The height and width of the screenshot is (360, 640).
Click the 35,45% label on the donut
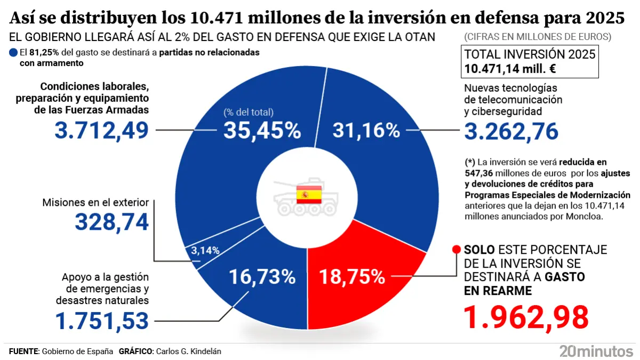coord(262,130)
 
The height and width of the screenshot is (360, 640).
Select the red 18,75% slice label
coord(351,277)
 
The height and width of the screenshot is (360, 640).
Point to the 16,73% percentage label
coord(262,277)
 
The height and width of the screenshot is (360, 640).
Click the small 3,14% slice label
coord(205,250)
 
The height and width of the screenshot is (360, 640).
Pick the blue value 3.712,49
coord(102,130)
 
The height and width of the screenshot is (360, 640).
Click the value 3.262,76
coord(511,131)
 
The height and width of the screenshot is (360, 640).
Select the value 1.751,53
coord(102,320)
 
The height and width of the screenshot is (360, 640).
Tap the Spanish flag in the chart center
coord(309,195)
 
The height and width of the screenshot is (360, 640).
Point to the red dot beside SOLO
coord(456,250)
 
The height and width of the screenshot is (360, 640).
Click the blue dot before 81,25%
coord(13,53)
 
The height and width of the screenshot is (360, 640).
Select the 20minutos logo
coord(596,350)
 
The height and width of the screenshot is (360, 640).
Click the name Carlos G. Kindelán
coord(187,351)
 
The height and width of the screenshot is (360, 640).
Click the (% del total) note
coord(248,112)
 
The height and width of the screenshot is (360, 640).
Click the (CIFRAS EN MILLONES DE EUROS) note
coord(538,37)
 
